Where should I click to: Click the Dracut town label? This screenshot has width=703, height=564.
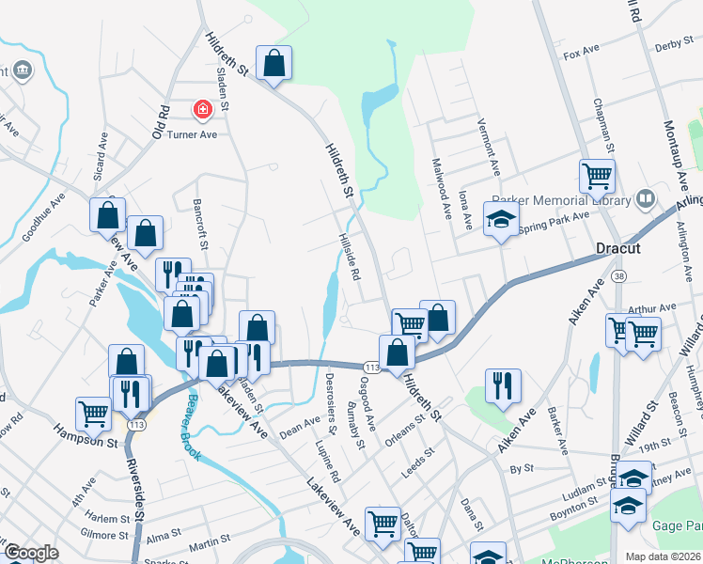[618, 250]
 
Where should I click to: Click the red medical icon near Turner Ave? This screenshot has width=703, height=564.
[201, 111]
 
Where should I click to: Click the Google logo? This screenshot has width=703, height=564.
[31, 553]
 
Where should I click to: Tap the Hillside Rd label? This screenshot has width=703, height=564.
[350, 258]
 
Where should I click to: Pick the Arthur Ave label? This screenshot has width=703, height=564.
[652, 307]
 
